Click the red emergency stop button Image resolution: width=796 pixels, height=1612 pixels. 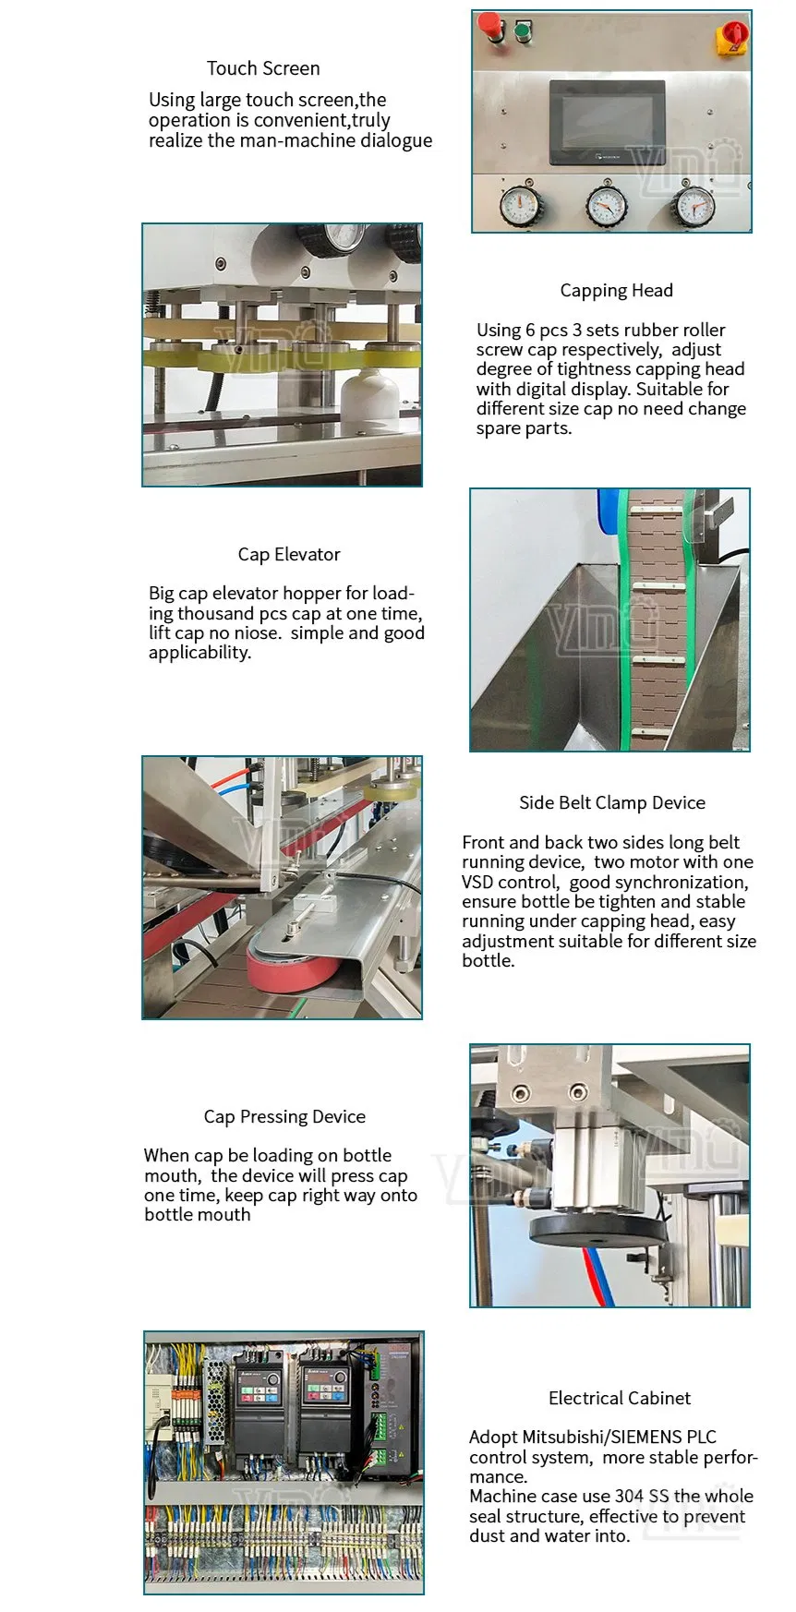pos(490,28)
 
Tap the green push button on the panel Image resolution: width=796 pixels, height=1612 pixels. pos(524,30)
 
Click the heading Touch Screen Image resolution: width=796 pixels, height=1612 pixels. pos(263,68)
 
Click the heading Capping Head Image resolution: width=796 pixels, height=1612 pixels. pos(616,291)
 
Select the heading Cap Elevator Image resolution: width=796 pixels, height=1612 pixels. pos(289,555)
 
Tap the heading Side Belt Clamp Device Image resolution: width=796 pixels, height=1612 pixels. pos(611,803)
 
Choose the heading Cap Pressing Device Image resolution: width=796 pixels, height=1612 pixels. pos(284,1117)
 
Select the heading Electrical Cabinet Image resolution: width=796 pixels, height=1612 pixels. pos(619,1399)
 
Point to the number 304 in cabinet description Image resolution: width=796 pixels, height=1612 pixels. pos(629,1497)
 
